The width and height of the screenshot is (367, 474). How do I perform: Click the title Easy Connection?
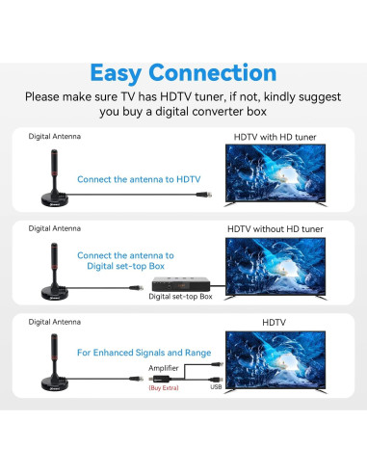pos(183,72)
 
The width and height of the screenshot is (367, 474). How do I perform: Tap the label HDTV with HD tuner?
pos(275,137)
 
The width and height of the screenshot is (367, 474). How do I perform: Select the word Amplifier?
pos(163,368)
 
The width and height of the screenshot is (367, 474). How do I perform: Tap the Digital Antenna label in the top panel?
pos(55,137)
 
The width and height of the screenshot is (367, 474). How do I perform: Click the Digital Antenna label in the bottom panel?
pos(55,321)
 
